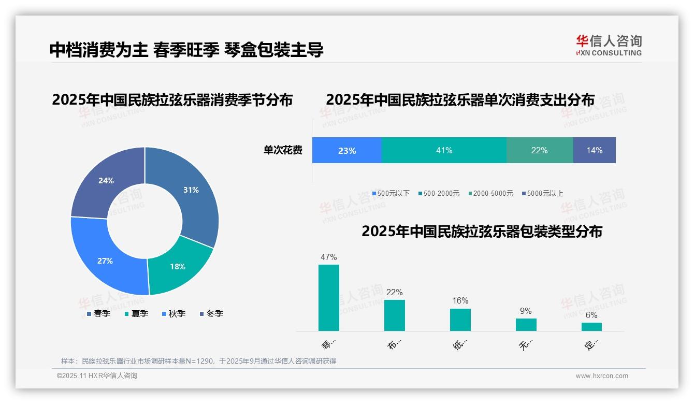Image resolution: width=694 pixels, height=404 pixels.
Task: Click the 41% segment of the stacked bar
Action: point(444,150)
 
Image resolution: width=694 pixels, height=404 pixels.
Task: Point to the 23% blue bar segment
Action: point(347,150)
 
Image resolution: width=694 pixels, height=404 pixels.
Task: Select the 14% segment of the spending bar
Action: point(595,150)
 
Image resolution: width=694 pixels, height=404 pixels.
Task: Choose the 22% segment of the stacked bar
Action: point(540,150)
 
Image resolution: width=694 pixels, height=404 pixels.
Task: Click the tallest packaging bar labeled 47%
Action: point(329,298)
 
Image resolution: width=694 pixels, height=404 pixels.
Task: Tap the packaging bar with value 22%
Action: point(395,315)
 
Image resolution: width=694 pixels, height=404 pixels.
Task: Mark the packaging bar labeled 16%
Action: point(460,320)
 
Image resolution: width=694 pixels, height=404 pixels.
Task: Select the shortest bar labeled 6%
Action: point(591,327)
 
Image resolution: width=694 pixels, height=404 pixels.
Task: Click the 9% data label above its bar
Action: point(526,311)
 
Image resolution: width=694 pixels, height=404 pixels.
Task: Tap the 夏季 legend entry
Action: point(137,313)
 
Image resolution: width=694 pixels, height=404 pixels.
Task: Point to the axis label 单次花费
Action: point(283,150)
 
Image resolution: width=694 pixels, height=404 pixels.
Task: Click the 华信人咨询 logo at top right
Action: point(609,45)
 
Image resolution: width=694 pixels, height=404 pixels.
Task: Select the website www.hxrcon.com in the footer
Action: point(602,376)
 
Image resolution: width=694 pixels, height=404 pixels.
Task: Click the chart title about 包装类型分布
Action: point(482,231)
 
